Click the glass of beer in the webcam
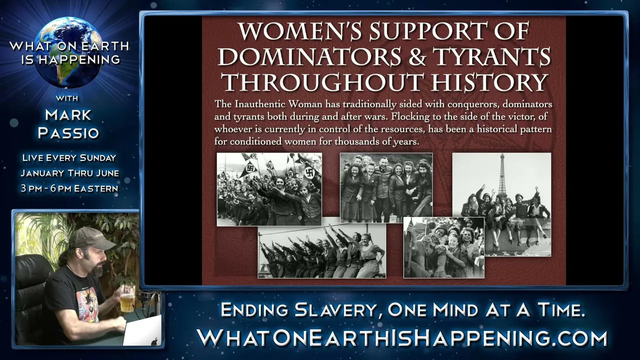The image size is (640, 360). tap(127, 298)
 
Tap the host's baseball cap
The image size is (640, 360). tap(91, 238)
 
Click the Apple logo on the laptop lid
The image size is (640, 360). tap(154, 341)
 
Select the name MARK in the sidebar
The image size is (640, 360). tap(68, 115)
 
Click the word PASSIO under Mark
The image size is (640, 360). tap(68, 133)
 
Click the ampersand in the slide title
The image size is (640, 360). tap(416, 56)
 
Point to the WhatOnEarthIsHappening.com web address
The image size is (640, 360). tap(402, 338)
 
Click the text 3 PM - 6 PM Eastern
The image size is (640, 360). tap(69, 188)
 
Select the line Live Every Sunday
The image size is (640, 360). tap(69, 157)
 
